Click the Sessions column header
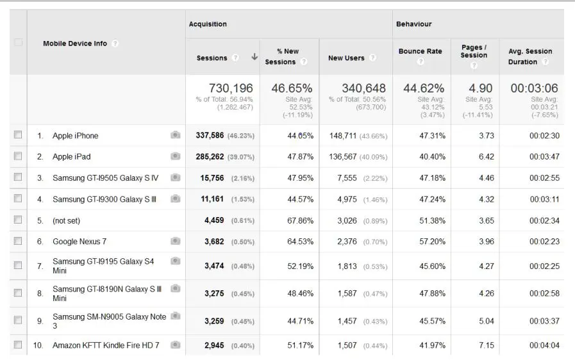[212, 58]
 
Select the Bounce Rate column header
[420, 51]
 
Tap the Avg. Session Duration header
[529, 56]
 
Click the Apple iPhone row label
[76, 136]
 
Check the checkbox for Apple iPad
[18, 156]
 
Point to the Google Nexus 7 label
[79, 241]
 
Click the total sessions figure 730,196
[231, 88]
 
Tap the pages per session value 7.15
[485, 345]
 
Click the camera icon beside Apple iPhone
[175, 135]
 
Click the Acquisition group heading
[208, 24]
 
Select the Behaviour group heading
[413, 24]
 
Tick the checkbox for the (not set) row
[18, 220]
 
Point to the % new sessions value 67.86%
[300, 220]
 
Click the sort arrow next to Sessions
[254, 57]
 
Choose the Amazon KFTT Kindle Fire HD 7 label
[106, 345]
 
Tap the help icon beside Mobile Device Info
[115, 44]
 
